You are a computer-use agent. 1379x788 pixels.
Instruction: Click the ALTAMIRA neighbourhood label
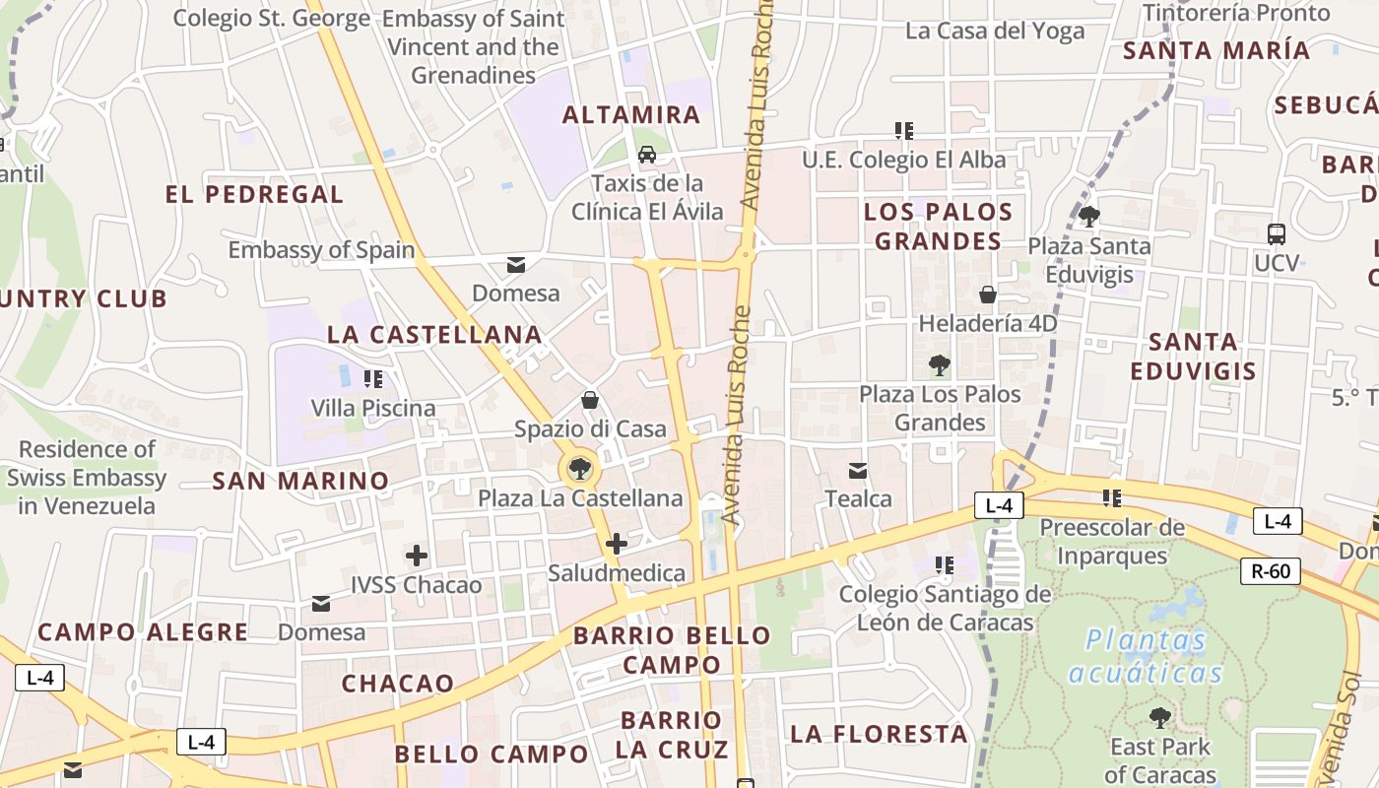click(x=631, y=114)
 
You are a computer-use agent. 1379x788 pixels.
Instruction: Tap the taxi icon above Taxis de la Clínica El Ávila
click(x=647, y=154)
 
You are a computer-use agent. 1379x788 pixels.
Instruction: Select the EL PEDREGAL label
click(x=254, y=194)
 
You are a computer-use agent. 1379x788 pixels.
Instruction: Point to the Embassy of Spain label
click(x=321, y=250)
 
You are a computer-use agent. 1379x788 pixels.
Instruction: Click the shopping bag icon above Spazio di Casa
click(x=589, y=400)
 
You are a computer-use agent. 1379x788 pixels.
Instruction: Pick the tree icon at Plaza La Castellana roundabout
click(x=580, y=469)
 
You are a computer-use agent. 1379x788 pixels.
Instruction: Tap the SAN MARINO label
click(x=300, y=481)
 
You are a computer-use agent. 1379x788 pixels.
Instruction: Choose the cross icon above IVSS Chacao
click(x=417, y=556)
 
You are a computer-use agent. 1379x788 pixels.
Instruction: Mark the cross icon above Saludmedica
click(x=617, y=544)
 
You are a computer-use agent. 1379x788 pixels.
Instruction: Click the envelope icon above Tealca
click(x=858, y=471)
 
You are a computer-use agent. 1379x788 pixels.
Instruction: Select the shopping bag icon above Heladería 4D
click(x=988, y=295)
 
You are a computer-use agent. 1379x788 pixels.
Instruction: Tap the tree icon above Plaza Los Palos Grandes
click(x=939, y=365)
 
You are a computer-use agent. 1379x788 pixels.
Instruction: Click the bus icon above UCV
click(x=1277, y=234)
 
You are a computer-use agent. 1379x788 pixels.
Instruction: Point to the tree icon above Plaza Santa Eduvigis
click(x=1088, y=216)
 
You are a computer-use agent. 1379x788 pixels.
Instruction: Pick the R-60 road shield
click(x=1271, y=570)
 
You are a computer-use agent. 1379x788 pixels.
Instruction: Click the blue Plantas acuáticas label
click(x=1147, y=657)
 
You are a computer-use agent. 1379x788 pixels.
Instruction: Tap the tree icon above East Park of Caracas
click(x=1160, y=717)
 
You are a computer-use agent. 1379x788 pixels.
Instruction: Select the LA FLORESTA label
click(x=879, y=734)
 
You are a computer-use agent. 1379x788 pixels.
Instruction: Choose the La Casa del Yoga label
click(x=995, y=31)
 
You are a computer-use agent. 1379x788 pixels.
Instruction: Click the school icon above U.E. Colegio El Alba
click(x=903, y=131)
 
